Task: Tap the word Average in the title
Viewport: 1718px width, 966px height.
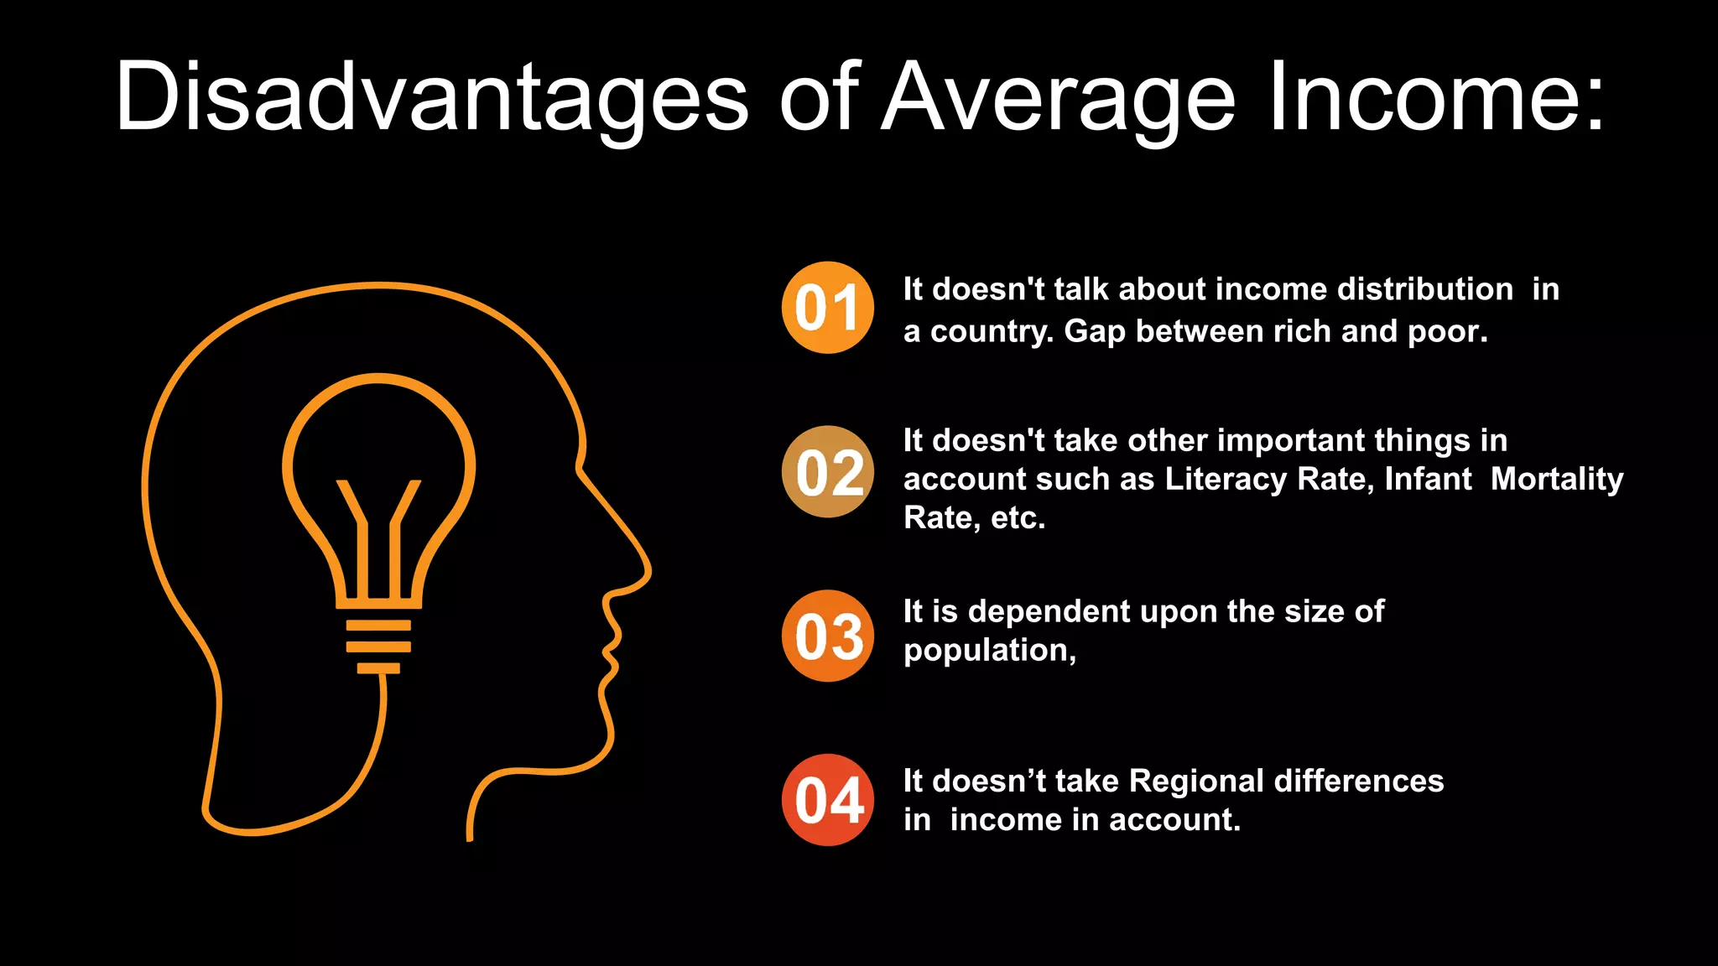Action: tap(1059, 97)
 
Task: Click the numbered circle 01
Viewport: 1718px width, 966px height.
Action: tap(828, 308)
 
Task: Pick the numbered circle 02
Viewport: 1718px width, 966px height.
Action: tap(828, 472)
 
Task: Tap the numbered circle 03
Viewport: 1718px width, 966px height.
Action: tap(828, 636)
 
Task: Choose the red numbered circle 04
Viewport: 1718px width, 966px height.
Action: tap(828, 800)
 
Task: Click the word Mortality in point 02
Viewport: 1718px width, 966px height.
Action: tap(1557, 479)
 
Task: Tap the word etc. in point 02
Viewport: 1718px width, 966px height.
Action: tap(1018, 517)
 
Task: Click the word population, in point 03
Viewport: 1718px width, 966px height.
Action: tap(990, 651)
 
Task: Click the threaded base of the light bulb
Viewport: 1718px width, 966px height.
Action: tap(379, 647)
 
